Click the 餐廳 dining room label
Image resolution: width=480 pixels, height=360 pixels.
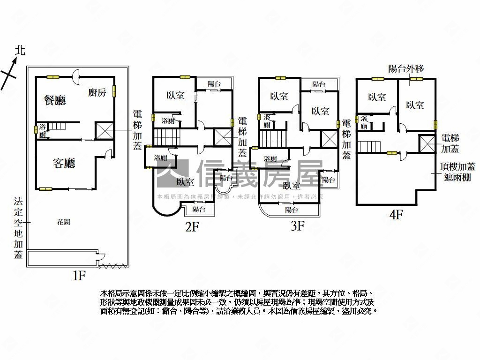54,100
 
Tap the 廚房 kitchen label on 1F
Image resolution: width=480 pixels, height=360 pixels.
97,92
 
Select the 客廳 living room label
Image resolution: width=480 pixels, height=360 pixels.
64,163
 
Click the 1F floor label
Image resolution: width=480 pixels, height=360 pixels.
78,276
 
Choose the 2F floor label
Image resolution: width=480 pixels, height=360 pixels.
192,227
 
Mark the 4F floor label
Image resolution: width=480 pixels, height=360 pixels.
397,215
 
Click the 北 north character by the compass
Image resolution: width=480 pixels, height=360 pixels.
19,50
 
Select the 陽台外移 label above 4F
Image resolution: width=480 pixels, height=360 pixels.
406,69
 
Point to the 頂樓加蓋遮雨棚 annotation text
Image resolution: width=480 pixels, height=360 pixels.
458,172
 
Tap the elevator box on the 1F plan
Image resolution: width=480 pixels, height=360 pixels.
105,131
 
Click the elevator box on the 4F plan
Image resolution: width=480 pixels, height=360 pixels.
427,144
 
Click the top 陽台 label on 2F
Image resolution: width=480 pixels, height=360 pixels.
214,84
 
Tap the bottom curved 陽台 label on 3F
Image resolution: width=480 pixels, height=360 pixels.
292,210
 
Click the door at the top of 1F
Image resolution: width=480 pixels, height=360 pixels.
76,75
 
